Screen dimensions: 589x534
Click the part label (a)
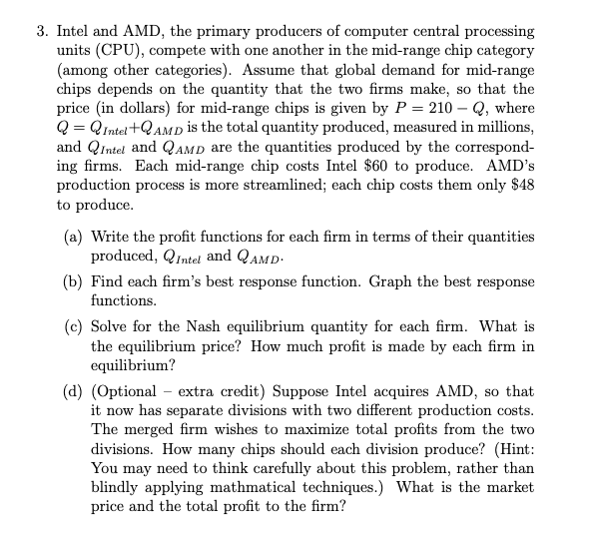point(74,237)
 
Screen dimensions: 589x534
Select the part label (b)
point(74,280)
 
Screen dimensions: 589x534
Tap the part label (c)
point(74,326)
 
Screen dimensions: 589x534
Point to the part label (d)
point(74,391)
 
